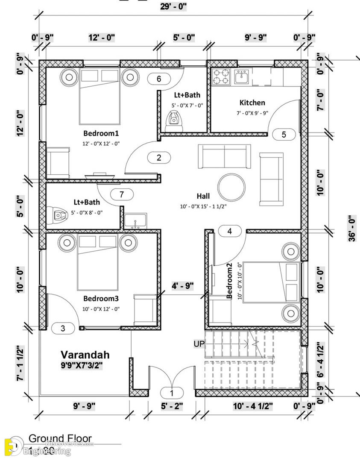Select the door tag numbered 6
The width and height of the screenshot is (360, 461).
159,79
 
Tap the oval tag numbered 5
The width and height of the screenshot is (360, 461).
284,135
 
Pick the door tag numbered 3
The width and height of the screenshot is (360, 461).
63,329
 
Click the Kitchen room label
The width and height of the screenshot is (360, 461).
252,103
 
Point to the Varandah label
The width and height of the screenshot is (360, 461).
85,355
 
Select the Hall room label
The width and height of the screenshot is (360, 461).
203,196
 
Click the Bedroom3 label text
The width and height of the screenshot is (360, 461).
101,298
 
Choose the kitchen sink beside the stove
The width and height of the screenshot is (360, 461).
242,76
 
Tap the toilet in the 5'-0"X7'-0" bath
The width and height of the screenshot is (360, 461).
174,120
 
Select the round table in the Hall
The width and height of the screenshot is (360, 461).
231,187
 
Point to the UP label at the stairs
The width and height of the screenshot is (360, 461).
199,344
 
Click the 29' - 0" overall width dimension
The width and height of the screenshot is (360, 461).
173,7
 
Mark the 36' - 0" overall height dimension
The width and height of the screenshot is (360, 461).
351,229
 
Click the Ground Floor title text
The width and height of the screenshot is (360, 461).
60,438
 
